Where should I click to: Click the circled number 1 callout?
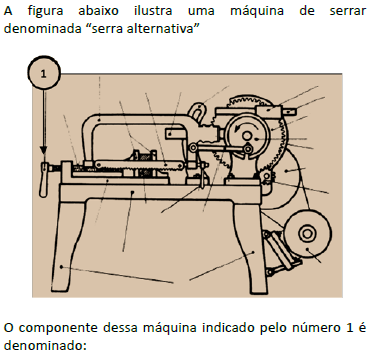(44, 73)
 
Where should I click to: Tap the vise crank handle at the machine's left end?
(44, 179)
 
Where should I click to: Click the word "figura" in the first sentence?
(45, 11)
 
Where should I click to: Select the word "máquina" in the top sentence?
(257, 10)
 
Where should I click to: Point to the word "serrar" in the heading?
(348, 11)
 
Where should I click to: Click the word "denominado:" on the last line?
(45, 345)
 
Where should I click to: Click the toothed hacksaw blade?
(138, 165)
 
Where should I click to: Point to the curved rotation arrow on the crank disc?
(247, 126)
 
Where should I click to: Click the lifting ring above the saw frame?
(198, 112)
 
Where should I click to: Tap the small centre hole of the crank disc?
(247, 136)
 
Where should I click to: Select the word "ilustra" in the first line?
(153, 11)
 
